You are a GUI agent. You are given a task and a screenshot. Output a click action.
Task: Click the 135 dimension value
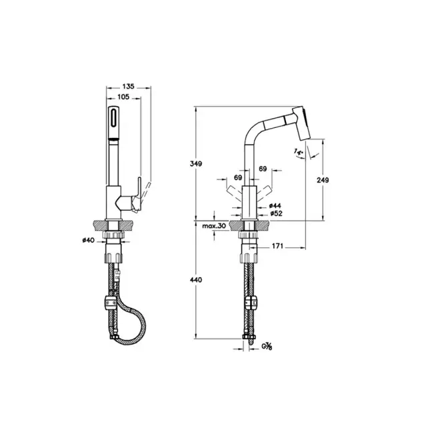click(x=129, y=86)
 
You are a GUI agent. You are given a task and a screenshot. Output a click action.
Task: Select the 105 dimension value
click(x=123, y=97)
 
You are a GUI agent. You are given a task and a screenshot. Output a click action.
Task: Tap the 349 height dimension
click(x=196, y=163)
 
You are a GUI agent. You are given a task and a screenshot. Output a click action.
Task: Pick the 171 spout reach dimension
click(x=278, y=247)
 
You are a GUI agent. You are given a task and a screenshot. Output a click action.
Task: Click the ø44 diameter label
click(x=274, y=206)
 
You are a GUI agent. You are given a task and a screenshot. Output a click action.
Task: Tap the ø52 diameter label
click(x=274, y=214)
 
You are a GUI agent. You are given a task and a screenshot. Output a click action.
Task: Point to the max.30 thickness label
click(x=216, y=227)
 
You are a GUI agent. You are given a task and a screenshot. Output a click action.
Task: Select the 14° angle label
click(x=297, y=154)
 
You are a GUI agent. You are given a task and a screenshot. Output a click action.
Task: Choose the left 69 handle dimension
click(x=238, y=178)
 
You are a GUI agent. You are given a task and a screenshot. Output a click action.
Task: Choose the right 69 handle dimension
click(x=263, y=169)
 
